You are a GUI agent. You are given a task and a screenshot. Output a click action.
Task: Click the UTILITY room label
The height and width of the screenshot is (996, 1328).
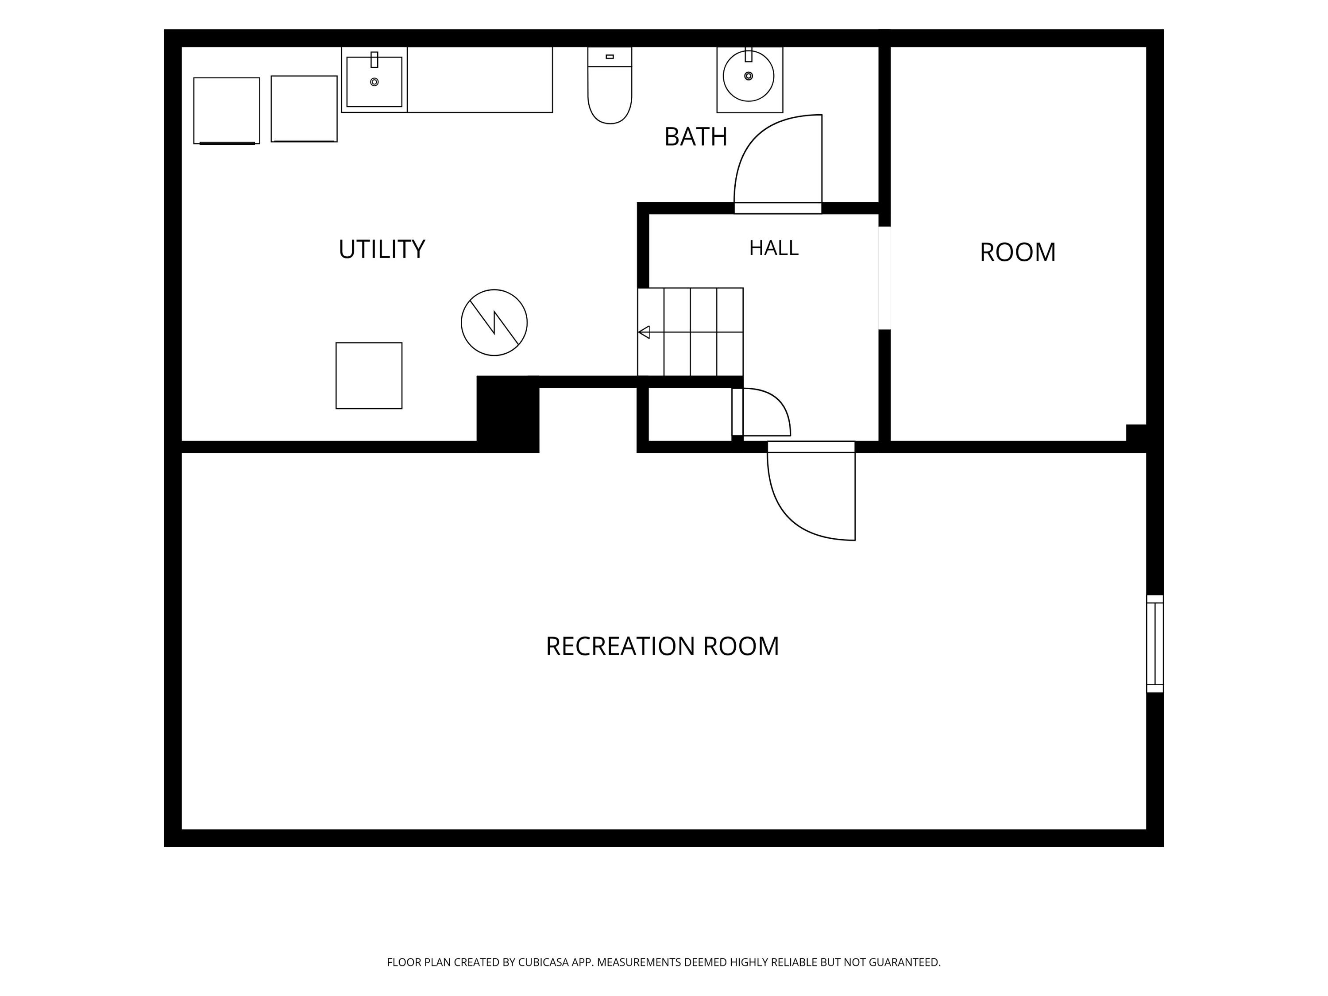[x=382, y=249]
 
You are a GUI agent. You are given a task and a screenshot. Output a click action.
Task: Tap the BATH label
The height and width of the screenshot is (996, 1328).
[x=696, y=137]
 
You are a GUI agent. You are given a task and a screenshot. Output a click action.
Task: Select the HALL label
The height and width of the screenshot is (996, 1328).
[x=774, y=248]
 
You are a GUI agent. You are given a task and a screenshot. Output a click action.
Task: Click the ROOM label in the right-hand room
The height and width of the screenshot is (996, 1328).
[x=1018, y=252]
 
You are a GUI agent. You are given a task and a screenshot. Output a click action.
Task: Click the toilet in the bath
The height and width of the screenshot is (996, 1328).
[x=610, y=85]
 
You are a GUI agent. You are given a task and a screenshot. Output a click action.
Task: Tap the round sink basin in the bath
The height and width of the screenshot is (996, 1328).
[x=749, y=76]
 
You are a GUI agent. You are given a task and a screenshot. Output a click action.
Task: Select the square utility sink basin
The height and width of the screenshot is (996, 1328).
[x=374, y=81]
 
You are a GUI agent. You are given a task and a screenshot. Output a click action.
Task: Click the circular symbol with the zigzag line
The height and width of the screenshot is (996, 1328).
[x=494, y=322]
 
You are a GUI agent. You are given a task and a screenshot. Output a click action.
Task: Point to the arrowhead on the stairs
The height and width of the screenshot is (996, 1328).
[x=644, y=332]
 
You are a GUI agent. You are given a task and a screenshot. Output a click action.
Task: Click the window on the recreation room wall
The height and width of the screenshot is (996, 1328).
[x=1154, y=644]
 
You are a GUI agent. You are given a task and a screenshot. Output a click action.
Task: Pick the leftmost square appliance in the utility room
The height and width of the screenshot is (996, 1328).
[x=226, y=111]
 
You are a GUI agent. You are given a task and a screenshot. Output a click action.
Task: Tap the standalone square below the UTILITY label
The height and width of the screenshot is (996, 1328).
[x=369, y=376]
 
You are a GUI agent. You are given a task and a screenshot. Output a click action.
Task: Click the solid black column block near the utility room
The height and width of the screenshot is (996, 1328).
[x=508, y=414]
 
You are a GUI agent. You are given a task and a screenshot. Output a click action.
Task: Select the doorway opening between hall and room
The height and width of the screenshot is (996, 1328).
[x=884, y=278]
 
